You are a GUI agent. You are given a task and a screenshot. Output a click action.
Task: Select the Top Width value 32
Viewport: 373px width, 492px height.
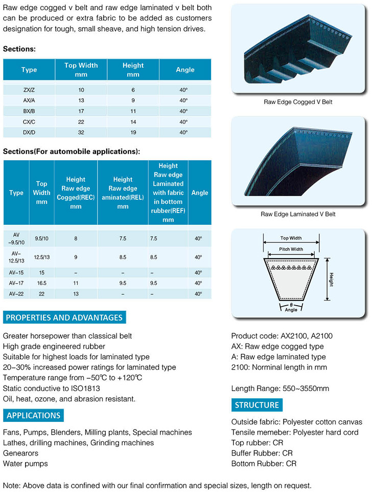click(81, 133)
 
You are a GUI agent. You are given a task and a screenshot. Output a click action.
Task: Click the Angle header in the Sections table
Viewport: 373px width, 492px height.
click(185, 70)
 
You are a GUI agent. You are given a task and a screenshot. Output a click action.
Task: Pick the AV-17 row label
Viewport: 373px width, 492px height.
click(16, 283)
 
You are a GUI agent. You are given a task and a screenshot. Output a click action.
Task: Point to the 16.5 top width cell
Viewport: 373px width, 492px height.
click(41, 283)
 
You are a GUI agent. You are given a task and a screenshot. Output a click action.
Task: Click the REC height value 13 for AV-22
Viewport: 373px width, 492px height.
click(76, 294)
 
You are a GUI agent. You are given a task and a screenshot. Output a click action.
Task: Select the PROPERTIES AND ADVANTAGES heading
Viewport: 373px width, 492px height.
click(64, 317)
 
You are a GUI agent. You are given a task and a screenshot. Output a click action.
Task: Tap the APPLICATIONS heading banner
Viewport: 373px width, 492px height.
click(34, 415)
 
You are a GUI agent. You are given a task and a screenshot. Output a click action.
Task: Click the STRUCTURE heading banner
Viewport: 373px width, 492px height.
click(257, 405)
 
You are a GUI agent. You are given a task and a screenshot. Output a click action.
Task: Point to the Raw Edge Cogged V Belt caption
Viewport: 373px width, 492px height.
click(298, 102)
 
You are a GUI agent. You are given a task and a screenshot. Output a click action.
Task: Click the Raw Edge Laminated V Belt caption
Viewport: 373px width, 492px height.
click(298, 214)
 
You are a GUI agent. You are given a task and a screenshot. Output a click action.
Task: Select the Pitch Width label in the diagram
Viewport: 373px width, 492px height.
click(291, 249)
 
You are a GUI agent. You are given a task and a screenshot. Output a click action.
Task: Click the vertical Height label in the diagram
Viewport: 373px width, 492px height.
click(332, 280)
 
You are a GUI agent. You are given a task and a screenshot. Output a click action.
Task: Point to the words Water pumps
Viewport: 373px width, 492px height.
click(26, 464)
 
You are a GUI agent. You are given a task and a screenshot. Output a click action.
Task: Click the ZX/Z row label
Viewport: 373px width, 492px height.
click(29, 90)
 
